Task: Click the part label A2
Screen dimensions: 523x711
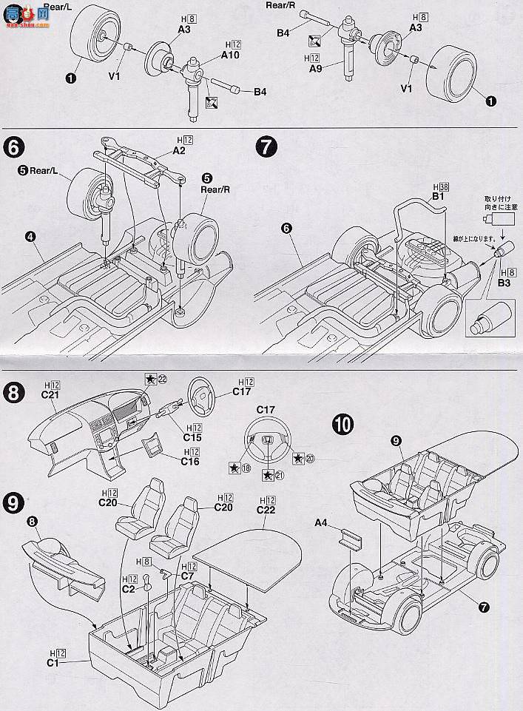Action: pyautogui.click(x=178, y=151)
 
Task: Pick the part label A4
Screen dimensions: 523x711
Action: pyautogui.click(x=321, y=523)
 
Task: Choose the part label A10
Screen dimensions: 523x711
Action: pyautogui.click(x=229, y=55)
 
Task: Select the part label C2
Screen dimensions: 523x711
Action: pyautogui.click(x=129, y=589)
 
